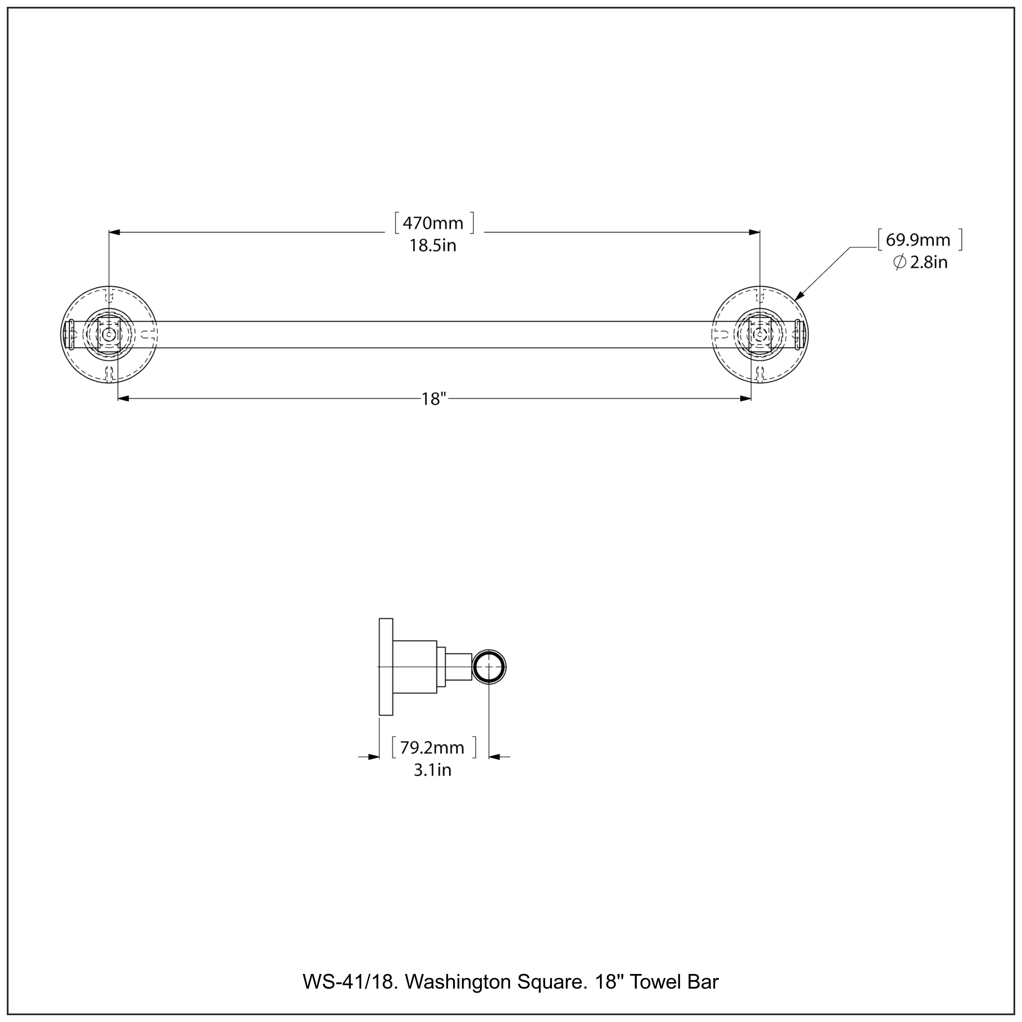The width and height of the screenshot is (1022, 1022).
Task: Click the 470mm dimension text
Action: (x=433, y=223)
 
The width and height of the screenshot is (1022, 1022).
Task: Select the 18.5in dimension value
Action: (x=433, y=246)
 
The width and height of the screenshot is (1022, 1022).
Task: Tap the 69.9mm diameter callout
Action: (x=918, y=240)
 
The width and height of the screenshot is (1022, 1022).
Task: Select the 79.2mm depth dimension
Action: (x=432, y=748)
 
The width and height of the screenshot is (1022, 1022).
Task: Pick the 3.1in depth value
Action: (x=432, y=770)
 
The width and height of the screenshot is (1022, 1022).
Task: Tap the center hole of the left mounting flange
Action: (x=109, y=334)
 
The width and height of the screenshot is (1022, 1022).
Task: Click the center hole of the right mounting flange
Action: (x=760, y=334)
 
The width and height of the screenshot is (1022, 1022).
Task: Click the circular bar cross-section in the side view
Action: (x=489, y=667)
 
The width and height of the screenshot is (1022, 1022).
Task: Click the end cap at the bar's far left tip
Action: (x=67, y=334)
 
